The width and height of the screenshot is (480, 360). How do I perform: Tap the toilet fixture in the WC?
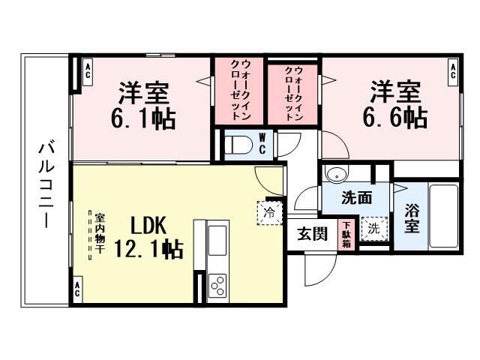(x=238, y=144)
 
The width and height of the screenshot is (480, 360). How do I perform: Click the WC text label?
(x=262, y=143)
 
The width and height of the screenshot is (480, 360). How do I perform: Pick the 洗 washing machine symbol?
(x=372, y=226)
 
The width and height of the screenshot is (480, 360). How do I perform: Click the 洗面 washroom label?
(x=357, y=199)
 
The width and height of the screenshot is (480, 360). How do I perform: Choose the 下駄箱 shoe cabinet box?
(x=346, y=234)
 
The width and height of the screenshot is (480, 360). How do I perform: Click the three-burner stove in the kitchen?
(x=217, y=284)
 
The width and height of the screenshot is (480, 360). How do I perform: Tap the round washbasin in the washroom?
(x=336, y=175)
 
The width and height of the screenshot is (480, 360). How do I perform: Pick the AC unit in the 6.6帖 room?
(x=453, y=73)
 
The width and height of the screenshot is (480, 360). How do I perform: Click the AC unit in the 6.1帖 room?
(x=88, y=73)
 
